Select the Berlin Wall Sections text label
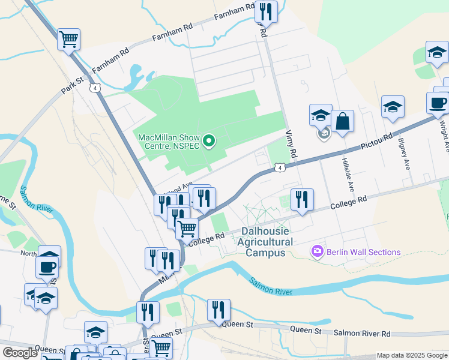tap(363, 252)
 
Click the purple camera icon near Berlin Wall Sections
tap(318, 251)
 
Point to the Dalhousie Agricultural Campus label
tap(265, 242)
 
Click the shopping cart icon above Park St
tap(68, 40)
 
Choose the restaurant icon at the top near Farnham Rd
tap(265, 11)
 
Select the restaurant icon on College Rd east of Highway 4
tap(301, 199)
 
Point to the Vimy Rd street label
tap(291, 145)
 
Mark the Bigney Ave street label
tap(403, 154)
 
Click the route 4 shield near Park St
tap(95, 88)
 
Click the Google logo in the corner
tap(20, 353)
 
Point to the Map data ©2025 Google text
tap(412, 355)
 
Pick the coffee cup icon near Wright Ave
tap(438, 102)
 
